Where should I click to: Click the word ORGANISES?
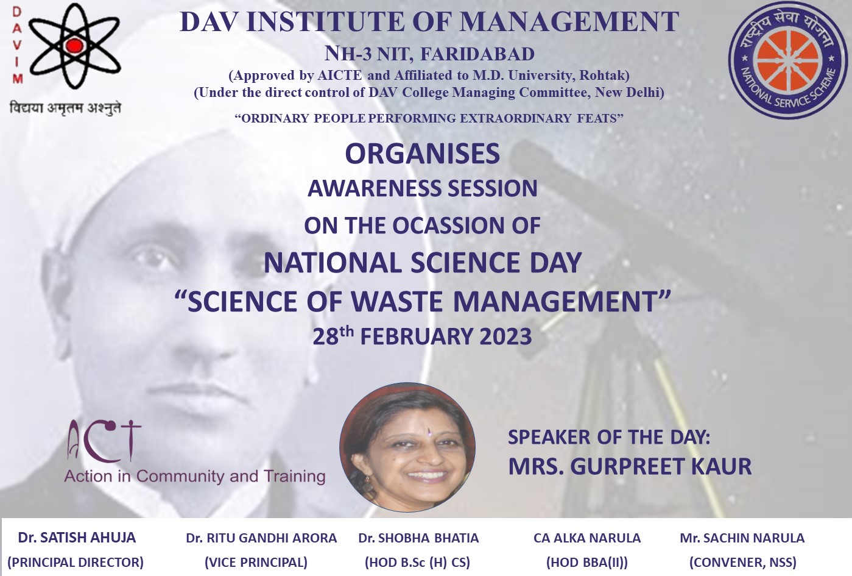coord(422,154)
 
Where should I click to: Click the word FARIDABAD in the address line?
coord(477,54)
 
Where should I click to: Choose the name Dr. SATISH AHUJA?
coord(77,538)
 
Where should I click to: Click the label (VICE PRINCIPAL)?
coord(256,563)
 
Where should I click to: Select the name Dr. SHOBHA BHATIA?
coord(418,538)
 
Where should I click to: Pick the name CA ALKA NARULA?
coord(587,538)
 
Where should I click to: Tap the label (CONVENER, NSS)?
coord(743,563)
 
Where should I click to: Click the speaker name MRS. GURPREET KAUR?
coord(630,466)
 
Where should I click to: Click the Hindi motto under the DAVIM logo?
coord(65,108)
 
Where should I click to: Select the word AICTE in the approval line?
coord(340,76)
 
